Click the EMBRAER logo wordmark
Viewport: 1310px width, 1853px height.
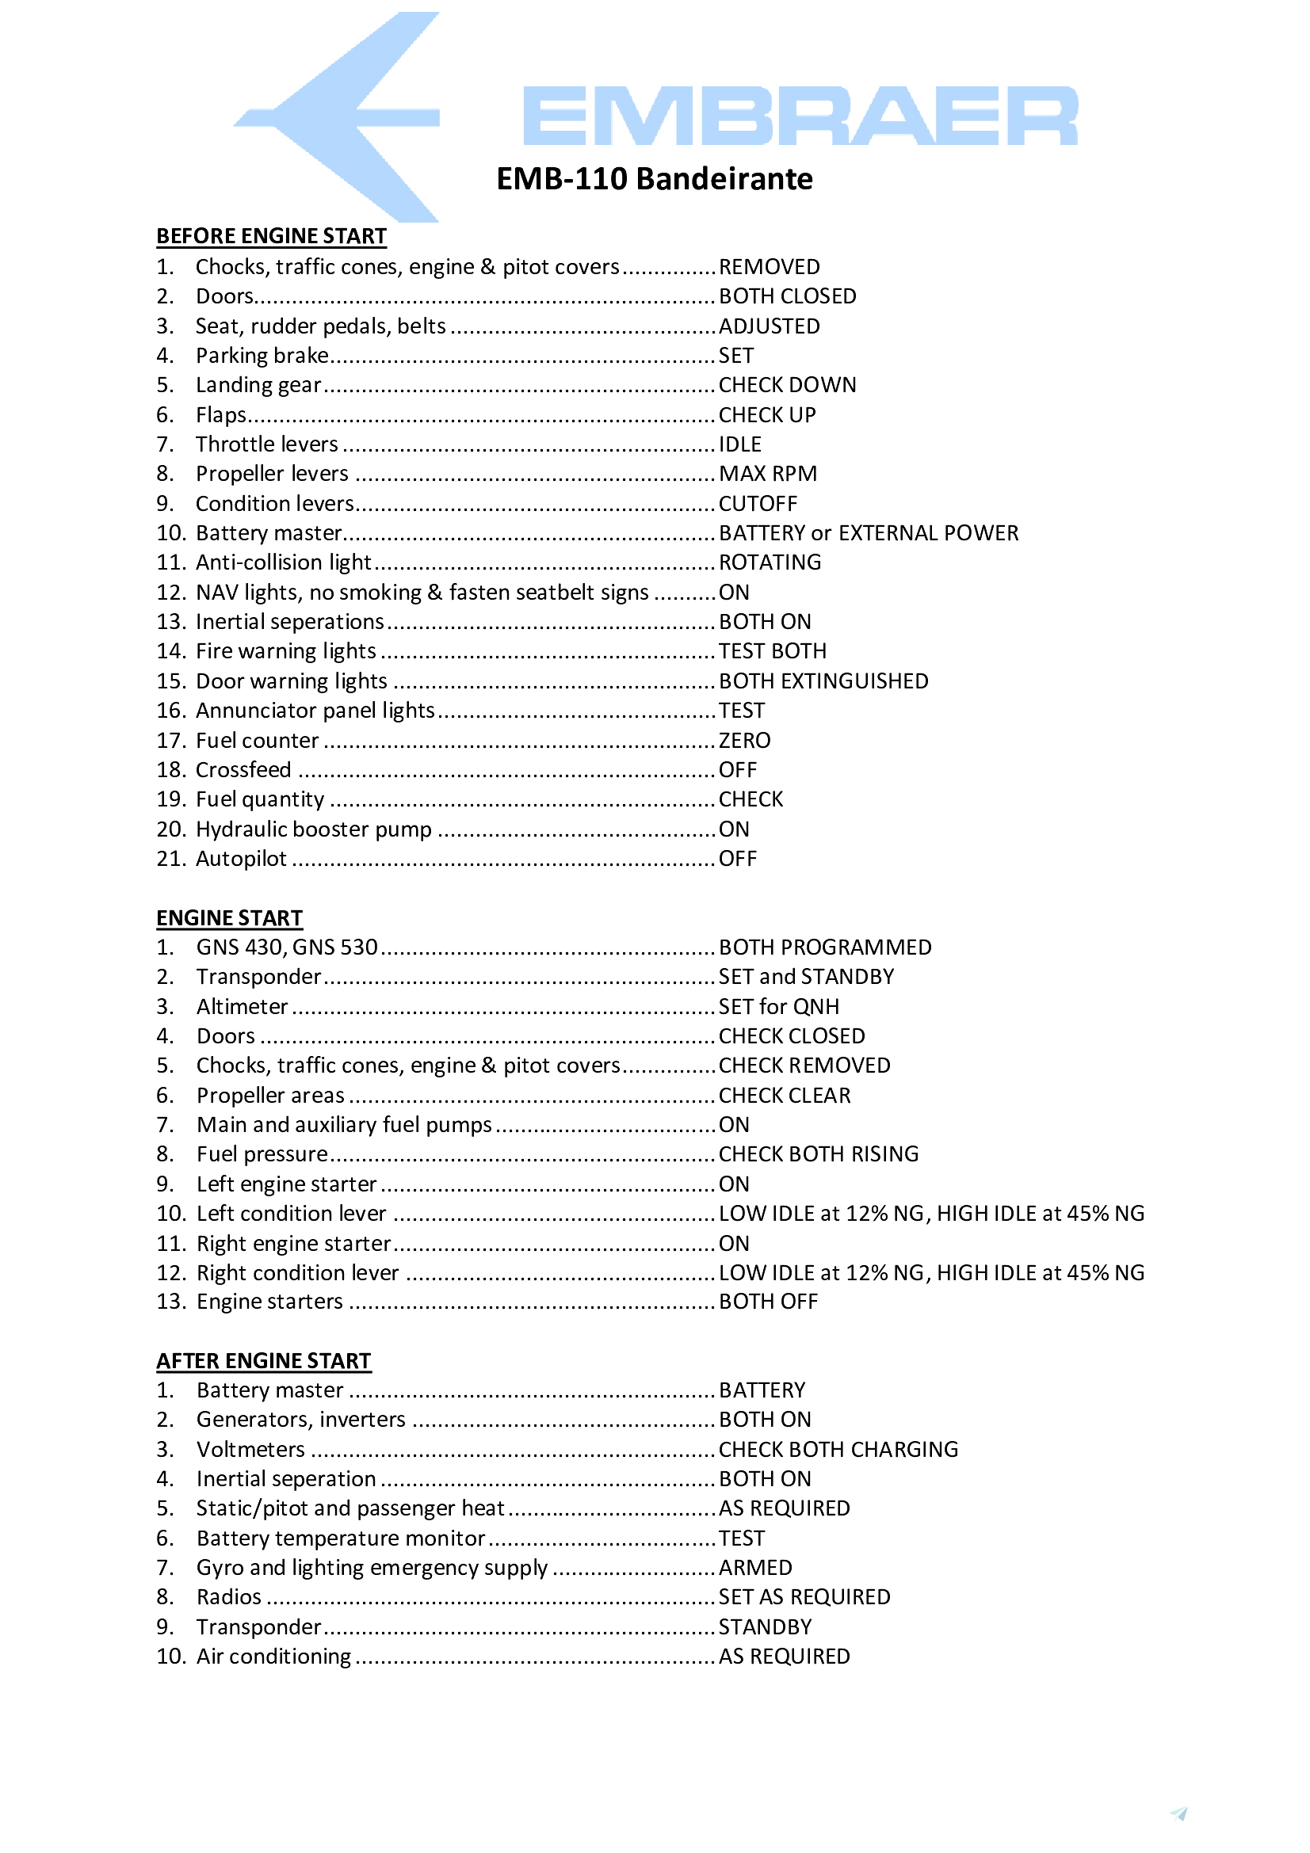[x=799, y=116]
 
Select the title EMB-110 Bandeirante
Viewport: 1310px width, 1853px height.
[x=654, y=178]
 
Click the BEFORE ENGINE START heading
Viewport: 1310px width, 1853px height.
[x=271, y=235]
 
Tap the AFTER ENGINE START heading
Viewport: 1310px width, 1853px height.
[x=263, y=1361]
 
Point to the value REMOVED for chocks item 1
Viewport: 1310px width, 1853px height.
[x=769, y=266]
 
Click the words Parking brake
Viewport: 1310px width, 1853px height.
[x=262, y=355]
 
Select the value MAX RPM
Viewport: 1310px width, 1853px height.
[x=767, y=474]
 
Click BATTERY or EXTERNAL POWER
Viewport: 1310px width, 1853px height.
[x=868, y=532]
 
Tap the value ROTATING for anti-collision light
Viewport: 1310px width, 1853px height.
[x=770, y=562]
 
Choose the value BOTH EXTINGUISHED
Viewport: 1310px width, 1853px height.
[x=823, y=681]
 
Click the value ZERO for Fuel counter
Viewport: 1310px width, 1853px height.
[x=744, y=740]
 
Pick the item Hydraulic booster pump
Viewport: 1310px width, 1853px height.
[x=313, y=829]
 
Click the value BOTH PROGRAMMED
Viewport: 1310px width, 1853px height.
[x=824, y=947]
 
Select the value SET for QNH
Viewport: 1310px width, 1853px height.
[x=778, y=1006]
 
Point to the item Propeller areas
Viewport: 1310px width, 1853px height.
[x=269, y=1095]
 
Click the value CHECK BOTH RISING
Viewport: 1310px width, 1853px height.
[x=818, y=1154]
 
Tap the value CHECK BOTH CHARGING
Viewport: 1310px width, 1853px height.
[x=838, y=1450]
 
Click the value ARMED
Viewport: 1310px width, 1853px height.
[x=754, y=1567]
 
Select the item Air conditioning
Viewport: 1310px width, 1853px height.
[x=273, y=1656]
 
